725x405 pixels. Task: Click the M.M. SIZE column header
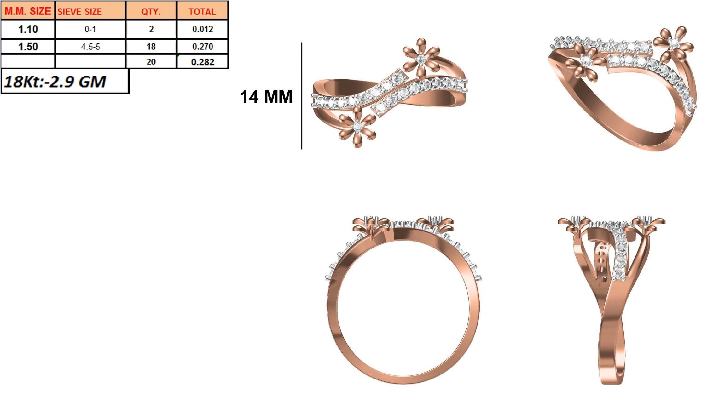tap(28, 11)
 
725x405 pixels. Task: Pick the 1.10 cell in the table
tap(28, 29)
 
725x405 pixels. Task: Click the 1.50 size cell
tap(28, 47)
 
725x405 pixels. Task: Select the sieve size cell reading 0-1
tap(90, 29)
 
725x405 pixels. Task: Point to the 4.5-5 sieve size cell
tap(90, 47)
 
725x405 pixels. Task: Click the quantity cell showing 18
tap(151, 47)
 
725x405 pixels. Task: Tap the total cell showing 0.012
tap(203, 29)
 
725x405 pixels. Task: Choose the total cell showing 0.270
tap(203, 47)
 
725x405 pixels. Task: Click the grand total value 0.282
tap(203, 62)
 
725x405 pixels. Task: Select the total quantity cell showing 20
tap(151, 62)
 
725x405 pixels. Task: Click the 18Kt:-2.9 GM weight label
tap(55, 82)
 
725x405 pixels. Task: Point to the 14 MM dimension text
tap(266, 97)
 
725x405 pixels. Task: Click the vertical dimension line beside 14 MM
tap(302, 96)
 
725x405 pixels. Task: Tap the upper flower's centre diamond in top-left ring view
tap(421, 59)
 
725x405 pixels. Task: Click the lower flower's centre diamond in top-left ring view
tap(357, 127)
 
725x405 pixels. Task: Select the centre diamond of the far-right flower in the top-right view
tap(674, 43)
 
